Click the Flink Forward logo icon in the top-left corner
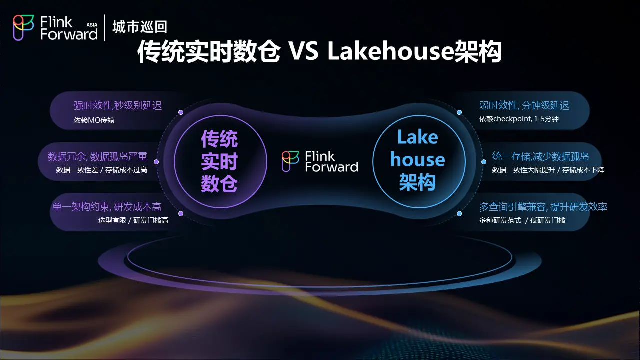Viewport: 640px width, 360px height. pos(23,27)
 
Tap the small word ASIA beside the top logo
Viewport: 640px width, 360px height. pos(92,25)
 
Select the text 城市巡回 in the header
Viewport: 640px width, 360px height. pos(140,27)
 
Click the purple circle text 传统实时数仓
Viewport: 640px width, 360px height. pos(219,161)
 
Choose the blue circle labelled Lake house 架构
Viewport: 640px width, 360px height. pos(419,161)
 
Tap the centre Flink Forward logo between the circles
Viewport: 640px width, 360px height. pos(320,161)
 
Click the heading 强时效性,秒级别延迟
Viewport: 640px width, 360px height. pos(117,105)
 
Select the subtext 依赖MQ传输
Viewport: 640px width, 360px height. pos(94,120)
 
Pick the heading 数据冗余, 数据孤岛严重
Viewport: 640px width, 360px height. pos(97,156)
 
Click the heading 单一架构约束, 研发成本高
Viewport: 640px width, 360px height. pos(107,207)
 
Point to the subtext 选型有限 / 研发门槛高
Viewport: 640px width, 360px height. pos(133,220)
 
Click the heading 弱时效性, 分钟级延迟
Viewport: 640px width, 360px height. pos(524,105)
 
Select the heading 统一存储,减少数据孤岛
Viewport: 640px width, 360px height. pos(540,156)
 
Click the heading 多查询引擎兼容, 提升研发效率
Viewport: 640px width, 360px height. pos(543,207)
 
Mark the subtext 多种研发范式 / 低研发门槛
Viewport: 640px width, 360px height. pos(522,220)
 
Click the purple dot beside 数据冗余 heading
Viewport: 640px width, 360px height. pos(156,162)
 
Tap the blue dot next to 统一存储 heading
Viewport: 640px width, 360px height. pos(484,162)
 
